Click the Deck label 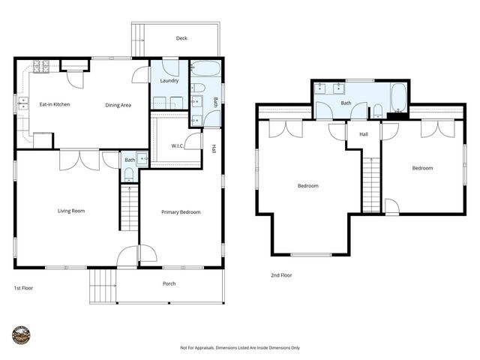pyautogui.click(x=181, y=38)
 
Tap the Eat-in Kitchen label pyautogui.click(x=55, y=104)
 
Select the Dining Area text pyautogui.click(x=118, y=105)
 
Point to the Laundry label pyautogui.click(x=169, y=80)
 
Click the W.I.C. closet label pyautogui.click(x=178, y=145)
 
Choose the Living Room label pyautogui.click(x=71, y=211)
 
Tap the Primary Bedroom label pyautogui.click(x=181, y=212)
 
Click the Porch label pyautogui.click(x=169, y=283)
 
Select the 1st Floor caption pyautogui.click(x=22, y=288)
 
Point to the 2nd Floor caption pyautogui.click(x=281, y=275)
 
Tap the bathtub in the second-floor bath pyautogui.click(x=398, y=97)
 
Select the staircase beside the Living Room pyautogui.click(x=129, y=208)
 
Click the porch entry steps pyautogui.click(x=103, y=286)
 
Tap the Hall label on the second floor pyautogui.click(x=364, y=134)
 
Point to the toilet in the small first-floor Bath pyautogui.click(x=128, y=174)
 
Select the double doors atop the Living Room pyautogui.click(x=79, y=159)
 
